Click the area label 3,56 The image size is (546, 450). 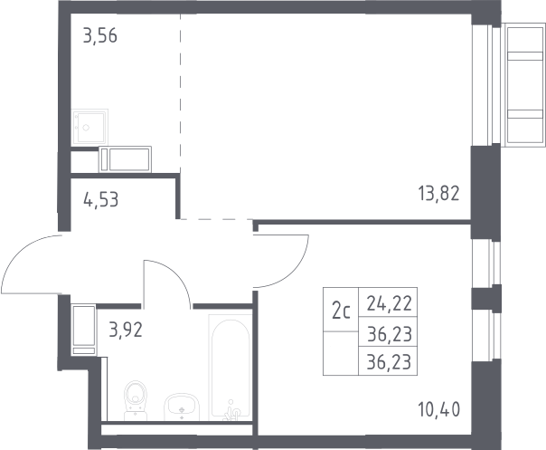click(x=100, y=36)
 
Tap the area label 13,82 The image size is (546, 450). click(x=438, y=194)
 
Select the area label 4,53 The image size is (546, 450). click(x=101, y=200)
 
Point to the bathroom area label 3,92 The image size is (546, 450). click(x=126, y=330)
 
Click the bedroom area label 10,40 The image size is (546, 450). click(x=439, y=409)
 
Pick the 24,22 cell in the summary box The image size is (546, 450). click(x=390, y=303)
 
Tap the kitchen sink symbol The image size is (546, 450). click(x=89, y=128)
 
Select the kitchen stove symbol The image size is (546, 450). click(x=125, y=159)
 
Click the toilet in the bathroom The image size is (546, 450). click(x=136, y=400)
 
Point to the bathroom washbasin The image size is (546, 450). click(x=181, y=407)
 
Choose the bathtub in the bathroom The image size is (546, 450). click(x=231, y=368)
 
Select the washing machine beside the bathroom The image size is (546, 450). click(x=83, y=330)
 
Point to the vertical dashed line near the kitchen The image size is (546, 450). click(x=181, y=93)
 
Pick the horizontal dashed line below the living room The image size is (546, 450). click(x=216, y=219)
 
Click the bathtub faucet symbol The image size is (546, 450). click(x=232, y=410)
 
